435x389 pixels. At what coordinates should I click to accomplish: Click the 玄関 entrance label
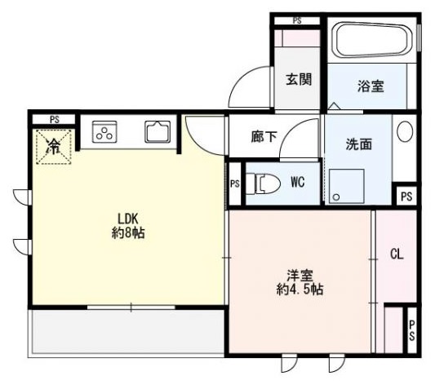coord(299,80)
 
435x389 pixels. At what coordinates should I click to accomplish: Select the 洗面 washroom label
coord(358,144)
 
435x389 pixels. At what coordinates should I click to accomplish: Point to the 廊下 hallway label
coord(264,138)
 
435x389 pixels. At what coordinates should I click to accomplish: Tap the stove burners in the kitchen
coord(105,132)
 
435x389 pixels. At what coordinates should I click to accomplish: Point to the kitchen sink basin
coord(158,132)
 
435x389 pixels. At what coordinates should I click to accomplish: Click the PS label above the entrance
coord(298,20)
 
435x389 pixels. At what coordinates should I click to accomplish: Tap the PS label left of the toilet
coord(234,183)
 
